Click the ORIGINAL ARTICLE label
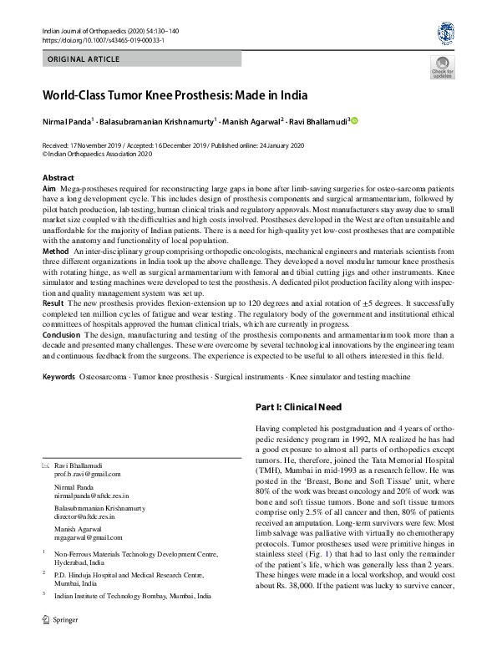pyautogui.click(x=84, y=60)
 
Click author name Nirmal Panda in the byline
pyautogui.click(x=68, y=122)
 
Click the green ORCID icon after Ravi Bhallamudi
pyautogui.click(x=354, y=121)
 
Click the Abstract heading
pyautogui.click(x=58, y=178)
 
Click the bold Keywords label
pyautogui.click(x=58, y=377)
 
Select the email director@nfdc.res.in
pyautogui.click(x=90, y=517)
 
